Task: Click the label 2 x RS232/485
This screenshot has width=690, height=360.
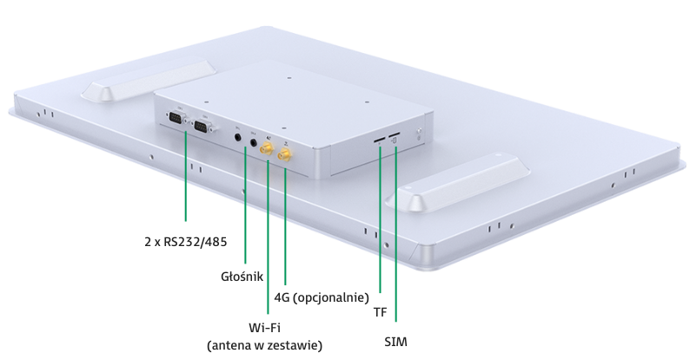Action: (x=186, y=242)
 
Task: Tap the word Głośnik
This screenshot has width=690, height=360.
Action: (x=242, y=277)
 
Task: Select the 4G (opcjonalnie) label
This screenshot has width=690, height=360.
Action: (x=322, y=297)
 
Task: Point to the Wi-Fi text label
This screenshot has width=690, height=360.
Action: (x=264, y=328)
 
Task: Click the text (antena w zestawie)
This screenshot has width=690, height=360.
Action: (x=264, y=345)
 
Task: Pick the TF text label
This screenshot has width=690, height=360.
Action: (x=381, y=312)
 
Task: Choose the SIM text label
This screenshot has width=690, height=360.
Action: (x=395, y=342)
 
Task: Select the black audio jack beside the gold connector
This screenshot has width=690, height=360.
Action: (x=254, y=143)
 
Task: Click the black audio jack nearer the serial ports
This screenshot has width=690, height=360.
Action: (x=238, y=137)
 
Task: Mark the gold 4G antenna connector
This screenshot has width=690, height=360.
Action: (x=285, y=155)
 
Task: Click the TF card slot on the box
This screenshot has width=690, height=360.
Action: (x=379, y=139)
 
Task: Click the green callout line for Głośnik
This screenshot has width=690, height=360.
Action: (x=246, y=205)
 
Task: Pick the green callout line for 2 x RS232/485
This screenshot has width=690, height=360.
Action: (x=186, y=175)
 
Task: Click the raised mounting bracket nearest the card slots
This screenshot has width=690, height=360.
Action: (x=458, y=183)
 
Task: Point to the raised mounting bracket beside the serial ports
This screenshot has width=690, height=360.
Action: (x=149, y=80)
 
